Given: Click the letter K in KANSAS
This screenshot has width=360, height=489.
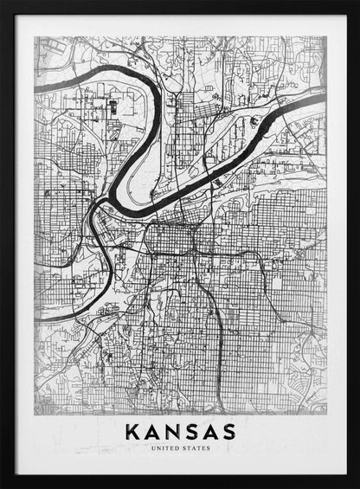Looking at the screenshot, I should tap(132, 430).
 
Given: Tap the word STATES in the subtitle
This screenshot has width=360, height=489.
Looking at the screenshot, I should tap(195, 448).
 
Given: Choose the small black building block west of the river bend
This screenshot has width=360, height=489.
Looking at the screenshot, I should tap(112, 107).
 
